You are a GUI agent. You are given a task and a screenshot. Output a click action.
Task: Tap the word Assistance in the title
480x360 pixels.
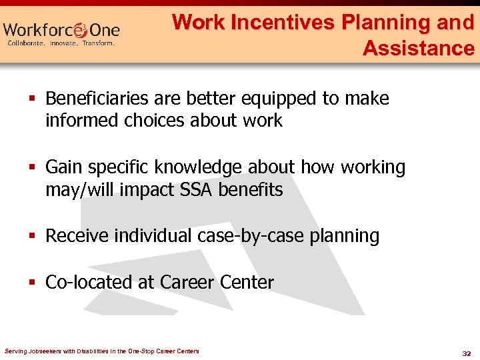point(418,48)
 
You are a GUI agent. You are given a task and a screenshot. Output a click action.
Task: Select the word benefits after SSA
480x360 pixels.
point(253,190)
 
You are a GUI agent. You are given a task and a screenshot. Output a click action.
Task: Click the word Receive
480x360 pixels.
point(77,236)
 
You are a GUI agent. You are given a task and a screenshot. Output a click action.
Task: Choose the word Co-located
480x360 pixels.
point(89,282)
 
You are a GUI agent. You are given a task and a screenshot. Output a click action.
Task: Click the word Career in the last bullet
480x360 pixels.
point(188,282)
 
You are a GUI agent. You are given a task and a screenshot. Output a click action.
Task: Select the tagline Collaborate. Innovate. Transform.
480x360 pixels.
point(61,43)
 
